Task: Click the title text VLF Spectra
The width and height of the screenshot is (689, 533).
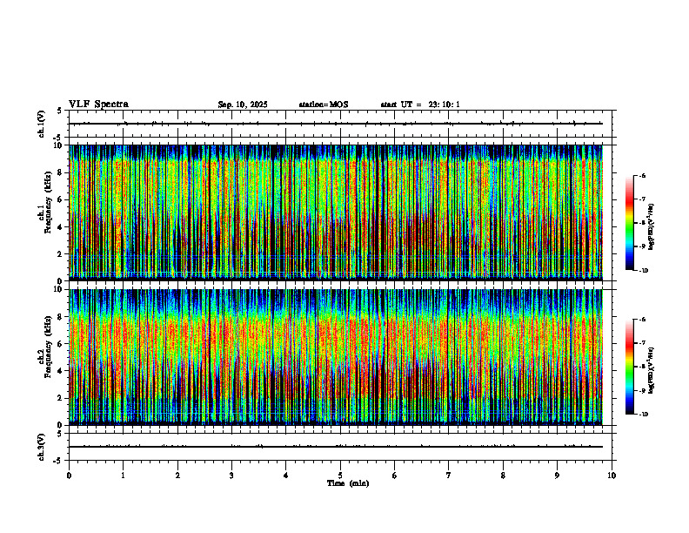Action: click(98, 105)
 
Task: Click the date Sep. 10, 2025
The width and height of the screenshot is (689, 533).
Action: click(243, 105)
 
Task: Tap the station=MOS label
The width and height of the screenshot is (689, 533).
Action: click(324, 105)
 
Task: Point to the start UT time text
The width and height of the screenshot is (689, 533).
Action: click(420, 105)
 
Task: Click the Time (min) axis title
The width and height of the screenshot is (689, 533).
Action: click(347, 483)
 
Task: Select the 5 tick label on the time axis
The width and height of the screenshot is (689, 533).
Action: click(340, 476)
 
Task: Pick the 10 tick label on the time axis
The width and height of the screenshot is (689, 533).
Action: click(612, 476)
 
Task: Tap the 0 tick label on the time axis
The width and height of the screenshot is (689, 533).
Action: click(69, 476)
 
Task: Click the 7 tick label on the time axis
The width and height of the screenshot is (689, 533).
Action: click(449, 476)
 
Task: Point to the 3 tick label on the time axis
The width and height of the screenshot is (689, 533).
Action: click(231, 476)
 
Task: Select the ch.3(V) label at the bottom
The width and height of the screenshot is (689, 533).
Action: click(42, 446)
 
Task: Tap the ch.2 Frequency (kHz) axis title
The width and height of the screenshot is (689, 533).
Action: click(43, 355)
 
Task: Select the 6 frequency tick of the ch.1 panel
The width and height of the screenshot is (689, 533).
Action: click(60, 199)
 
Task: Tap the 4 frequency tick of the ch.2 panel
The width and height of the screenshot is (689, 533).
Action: click(60, 370)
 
